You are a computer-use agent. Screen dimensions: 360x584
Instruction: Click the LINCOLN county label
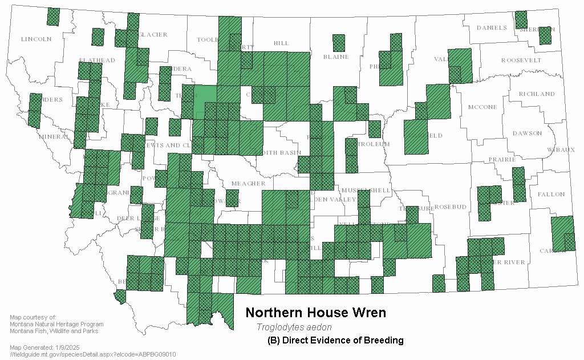coord(36,39)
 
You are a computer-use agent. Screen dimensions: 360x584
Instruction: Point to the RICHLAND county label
coord(536,94)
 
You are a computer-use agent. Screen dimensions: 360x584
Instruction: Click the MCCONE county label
coord(482,107)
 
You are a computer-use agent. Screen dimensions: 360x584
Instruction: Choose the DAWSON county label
coord(527,133)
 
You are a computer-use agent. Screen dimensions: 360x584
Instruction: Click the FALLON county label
coord(551,194)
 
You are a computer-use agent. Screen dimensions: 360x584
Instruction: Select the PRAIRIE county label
coord(502,159)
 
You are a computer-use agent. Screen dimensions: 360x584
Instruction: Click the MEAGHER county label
coord(248,183)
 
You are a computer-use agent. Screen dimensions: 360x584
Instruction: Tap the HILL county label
coord(281,43)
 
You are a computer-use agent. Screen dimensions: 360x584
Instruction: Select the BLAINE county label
coord(335,56)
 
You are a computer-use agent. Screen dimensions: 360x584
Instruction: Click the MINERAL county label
coord(54,136)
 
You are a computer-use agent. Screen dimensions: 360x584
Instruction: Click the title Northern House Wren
coord(315,313)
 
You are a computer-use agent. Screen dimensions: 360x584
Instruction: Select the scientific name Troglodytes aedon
coord(294,327)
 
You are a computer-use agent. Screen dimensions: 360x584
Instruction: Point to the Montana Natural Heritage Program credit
coord(56,324)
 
